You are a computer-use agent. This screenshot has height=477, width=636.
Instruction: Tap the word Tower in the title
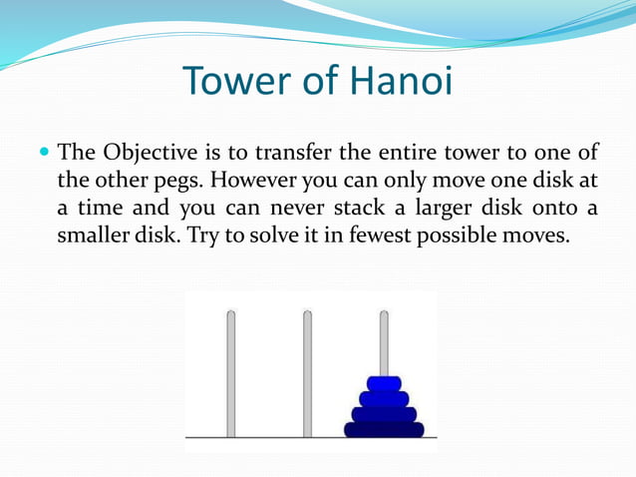pos(235,82)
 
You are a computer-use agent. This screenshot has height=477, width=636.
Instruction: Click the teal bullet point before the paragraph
pos(43,155)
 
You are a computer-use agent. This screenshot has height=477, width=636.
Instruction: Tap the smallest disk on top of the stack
pos(384,383)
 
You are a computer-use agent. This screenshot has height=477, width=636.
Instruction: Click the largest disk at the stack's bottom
pos(384,430)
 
